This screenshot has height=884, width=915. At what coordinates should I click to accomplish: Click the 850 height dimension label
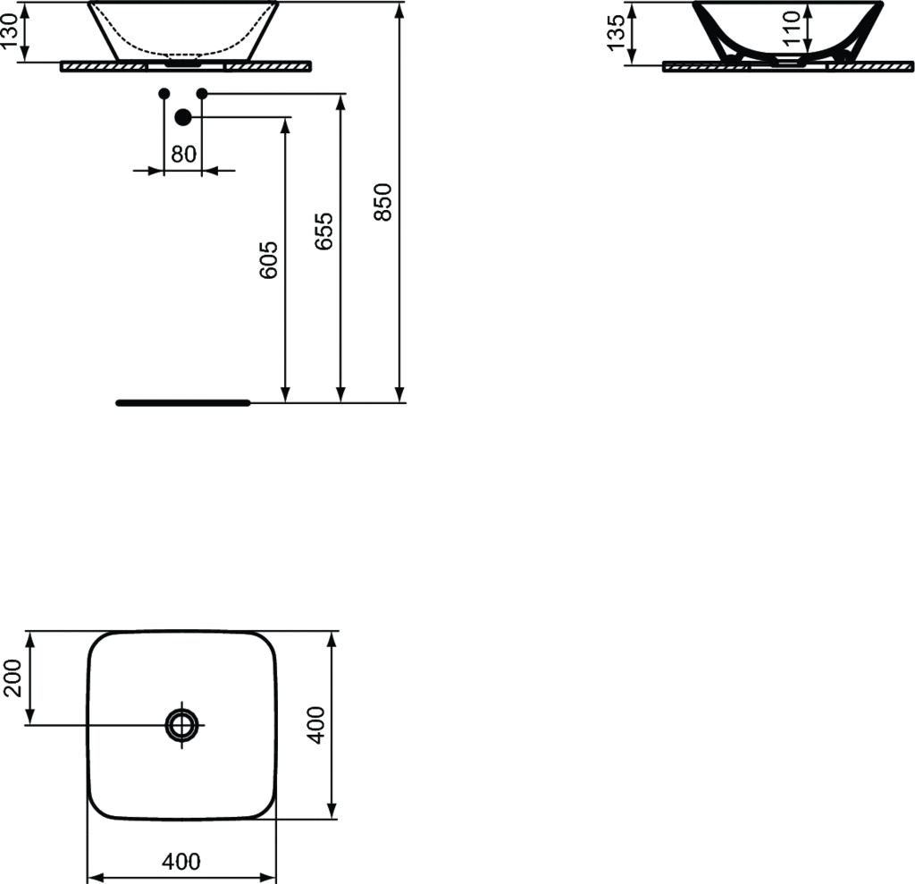tap(382, 202)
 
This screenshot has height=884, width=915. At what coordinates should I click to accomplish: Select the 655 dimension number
tap(324, 231)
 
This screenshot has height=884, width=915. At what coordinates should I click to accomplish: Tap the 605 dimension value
tap(269, 260)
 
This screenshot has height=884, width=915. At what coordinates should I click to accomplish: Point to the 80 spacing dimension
tap(183, 154)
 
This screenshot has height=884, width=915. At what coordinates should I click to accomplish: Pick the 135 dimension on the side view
tap(616, 33)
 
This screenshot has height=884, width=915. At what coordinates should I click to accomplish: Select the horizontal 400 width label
tap(181, 862)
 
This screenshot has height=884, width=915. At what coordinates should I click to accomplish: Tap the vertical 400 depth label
tap(315, 725)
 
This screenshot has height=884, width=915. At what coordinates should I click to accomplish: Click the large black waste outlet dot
tap(183, 117)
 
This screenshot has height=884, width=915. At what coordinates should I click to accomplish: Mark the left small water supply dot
tap(163, 93)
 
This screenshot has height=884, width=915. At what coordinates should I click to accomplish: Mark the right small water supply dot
tap(202, 93)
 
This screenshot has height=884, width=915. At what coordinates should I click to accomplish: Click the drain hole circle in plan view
tap(181, 724)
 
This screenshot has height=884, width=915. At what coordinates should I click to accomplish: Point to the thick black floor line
tap(183, 403)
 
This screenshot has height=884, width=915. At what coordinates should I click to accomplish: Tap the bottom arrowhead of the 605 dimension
tap(286, 394)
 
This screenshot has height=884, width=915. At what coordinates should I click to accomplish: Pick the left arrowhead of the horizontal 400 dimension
tap(93, 877)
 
